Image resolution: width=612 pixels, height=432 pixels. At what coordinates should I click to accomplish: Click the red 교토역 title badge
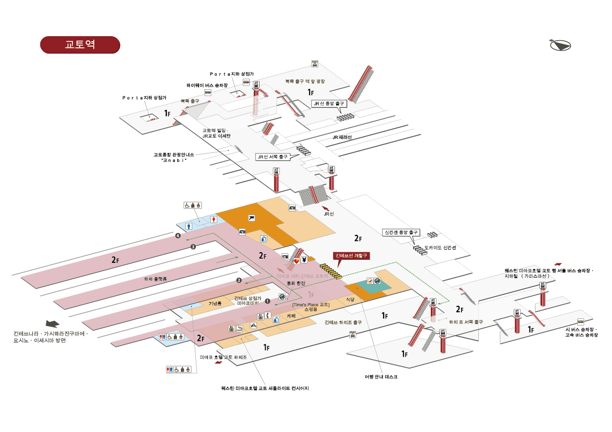coord(80,44)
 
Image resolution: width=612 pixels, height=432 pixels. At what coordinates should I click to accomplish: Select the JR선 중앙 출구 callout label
coord(329,103)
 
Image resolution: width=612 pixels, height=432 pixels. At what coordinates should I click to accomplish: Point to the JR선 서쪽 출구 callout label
coord(272,157)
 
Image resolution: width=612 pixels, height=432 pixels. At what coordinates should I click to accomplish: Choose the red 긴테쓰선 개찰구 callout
coord(351,255)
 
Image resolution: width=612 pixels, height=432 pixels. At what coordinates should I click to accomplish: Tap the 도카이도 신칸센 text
coord(440,248)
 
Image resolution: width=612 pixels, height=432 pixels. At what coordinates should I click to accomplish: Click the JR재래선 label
coord(342,138)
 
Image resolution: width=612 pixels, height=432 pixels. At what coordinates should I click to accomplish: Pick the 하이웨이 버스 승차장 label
coord(207,85)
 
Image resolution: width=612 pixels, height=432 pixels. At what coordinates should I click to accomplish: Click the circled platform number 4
coord(177,236)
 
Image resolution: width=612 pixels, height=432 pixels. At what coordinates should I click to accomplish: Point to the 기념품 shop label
coord(215,303)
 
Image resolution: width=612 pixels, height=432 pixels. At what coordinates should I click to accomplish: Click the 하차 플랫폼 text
coord(156,279)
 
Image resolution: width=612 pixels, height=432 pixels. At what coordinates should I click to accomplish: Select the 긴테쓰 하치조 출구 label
coord(343,322)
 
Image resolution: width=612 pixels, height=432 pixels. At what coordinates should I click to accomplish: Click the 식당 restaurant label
coord(350,300)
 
